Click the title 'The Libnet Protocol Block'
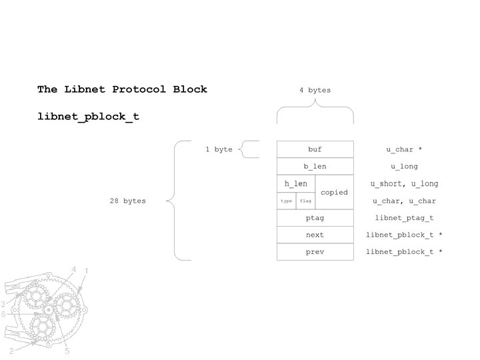(x=122, y=89)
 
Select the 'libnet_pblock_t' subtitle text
(x=88, y=117)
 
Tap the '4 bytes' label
(x=315, y=90)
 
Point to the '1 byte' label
(x=219, y=149)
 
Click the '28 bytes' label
(x=128, y=201)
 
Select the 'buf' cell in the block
(x=315, y=149)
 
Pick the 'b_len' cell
(x=315, y=167)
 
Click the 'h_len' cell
(x=295, y=184)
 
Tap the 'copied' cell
(x=334, y=192)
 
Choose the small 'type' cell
(x=286, y=201)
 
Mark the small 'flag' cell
(x=305, y=201)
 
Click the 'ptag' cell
(x=315, y=218)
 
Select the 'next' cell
(x=315, y=235)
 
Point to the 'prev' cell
(x=315, y=252)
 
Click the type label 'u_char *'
(x=404, y=149)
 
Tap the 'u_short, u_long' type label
(x=404, y=184)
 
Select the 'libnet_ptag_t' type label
(x=404, y=218)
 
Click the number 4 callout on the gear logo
(x=74, y=269)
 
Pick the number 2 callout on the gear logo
(x=11, y=350)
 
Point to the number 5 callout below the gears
(x=67, y=350)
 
